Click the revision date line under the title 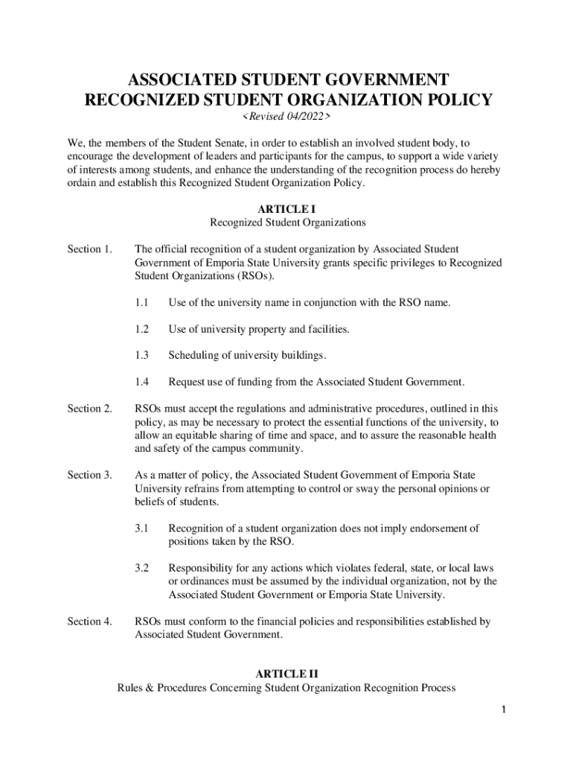286,118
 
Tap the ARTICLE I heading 286,210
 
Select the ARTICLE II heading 286,674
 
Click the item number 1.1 142,303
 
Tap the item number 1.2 142,329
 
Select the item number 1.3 142,356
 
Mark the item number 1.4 142,382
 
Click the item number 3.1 142,528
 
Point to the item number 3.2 142,568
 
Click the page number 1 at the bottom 504,711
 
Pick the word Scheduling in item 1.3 194,356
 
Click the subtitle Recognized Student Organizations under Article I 287,222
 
